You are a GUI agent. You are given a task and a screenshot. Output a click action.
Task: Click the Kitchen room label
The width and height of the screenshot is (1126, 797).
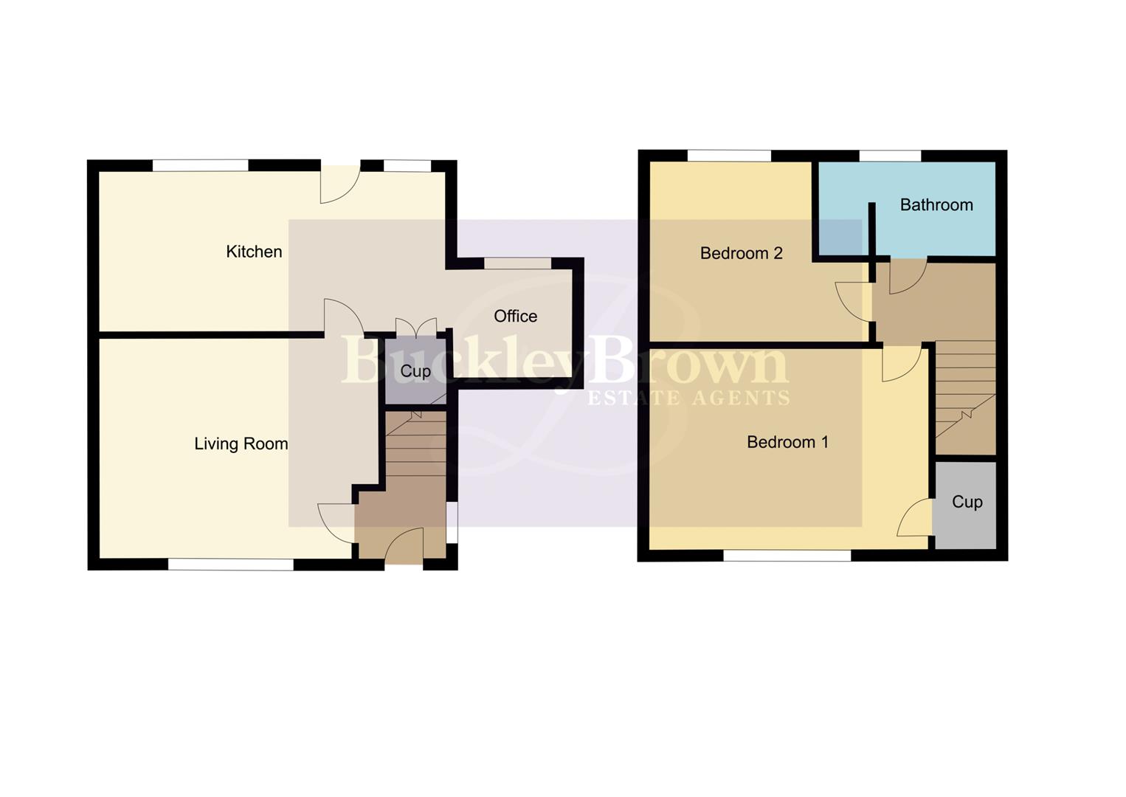pyautogui.click(x=254, y=252)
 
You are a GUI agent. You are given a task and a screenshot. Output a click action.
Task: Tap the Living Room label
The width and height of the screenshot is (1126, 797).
pyautogui.click(x=241, y=444)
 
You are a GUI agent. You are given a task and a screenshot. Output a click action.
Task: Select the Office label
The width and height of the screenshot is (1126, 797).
pyautogui.click(x=515, y=316)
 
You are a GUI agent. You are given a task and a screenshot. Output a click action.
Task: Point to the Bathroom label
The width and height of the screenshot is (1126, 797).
pyautogui.click(x=936, y=204)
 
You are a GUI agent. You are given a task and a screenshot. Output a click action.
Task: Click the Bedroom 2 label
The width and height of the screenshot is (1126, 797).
pyautogui.click(x=741, y=253)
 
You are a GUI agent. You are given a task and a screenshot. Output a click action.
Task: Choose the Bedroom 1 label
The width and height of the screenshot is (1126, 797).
pyautogui.click(x=787, y=442)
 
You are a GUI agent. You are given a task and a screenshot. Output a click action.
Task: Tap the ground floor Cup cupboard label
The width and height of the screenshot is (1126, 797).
pyautogui.click(x=415, y=370)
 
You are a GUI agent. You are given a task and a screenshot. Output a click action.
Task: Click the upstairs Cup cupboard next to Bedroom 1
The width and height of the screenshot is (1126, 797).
pyautogui.click(x=967, y=502)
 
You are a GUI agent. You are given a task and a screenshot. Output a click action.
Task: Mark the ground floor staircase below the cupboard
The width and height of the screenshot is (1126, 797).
pyautogui.click(x=415, y=446)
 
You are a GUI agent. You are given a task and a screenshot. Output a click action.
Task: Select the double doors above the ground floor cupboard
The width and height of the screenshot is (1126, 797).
pyautogui.click(x=416, y=327)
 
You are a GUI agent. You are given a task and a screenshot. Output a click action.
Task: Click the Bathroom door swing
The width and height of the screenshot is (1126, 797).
pyautogui.click(x=907, y=276)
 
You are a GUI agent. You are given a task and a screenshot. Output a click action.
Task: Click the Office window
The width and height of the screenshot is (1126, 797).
pyautogui.click(x=517, y=263)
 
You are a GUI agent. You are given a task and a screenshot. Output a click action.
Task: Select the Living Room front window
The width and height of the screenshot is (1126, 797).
pyautogui.click(x=231, y=565)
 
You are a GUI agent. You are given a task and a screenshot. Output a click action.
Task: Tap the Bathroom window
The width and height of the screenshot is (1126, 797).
pyautogui.click(x=890, y=156)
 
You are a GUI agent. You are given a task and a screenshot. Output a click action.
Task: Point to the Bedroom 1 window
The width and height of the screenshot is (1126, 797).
pyautogui.click(x=787, y=556)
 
